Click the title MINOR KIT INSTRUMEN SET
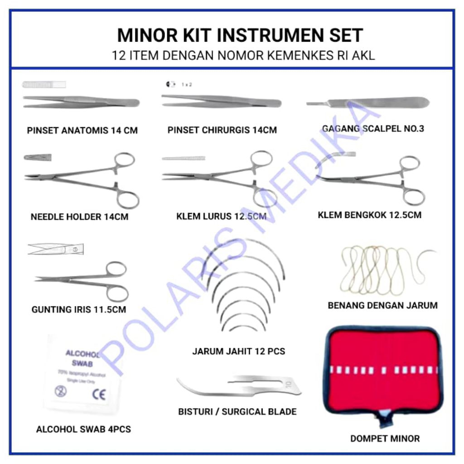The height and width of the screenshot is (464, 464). pos(240,35)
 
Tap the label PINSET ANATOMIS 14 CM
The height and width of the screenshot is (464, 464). pos(82,130)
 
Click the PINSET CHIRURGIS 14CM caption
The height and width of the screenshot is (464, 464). pos(222,130)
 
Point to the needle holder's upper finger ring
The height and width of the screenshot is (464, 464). pos(125,160)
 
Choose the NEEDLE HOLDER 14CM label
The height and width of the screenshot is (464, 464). pos(79,217)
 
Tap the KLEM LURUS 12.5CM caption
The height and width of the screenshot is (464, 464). pos(221,217)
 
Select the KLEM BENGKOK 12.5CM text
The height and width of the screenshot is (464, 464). pos(369,215)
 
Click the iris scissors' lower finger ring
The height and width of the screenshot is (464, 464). pos(117,292)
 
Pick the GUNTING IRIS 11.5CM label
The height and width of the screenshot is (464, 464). pos(79,310)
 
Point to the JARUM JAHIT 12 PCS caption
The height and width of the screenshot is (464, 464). pos(239,351)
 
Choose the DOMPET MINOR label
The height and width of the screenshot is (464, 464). pos(385,438)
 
